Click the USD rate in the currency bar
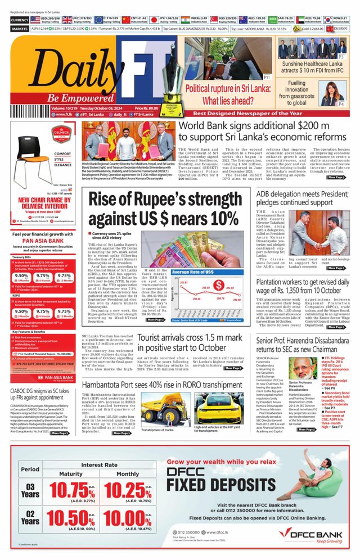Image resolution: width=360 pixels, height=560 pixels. (46, 19)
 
